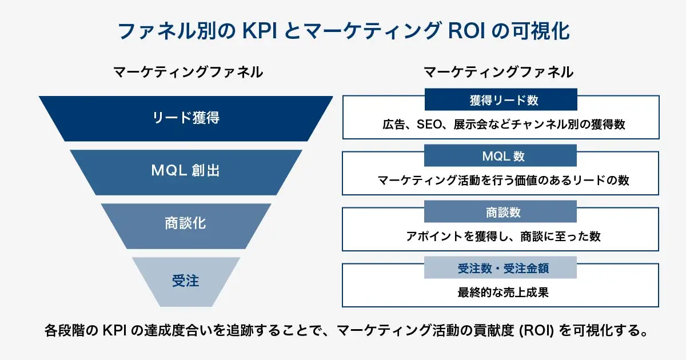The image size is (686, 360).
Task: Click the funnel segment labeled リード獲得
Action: [186, 118]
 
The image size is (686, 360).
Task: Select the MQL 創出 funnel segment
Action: [186, 171]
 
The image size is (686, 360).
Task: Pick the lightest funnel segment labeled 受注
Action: [186, 281]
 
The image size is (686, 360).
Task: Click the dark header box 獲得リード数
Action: [500, 101]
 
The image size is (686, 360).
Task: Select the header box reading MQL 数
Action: [500, 155]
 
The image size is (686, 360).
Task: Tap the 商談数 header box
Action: [500, 212]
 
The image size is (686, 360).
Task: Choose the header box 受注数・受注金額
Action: [500, 267]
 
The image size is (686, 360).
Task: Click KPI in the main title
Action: [260, 30]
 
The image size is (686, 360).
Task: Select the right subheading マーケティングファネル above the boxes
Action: [498, 72]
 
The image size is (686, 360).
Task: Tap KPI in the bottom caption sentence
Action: [115, 331]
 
